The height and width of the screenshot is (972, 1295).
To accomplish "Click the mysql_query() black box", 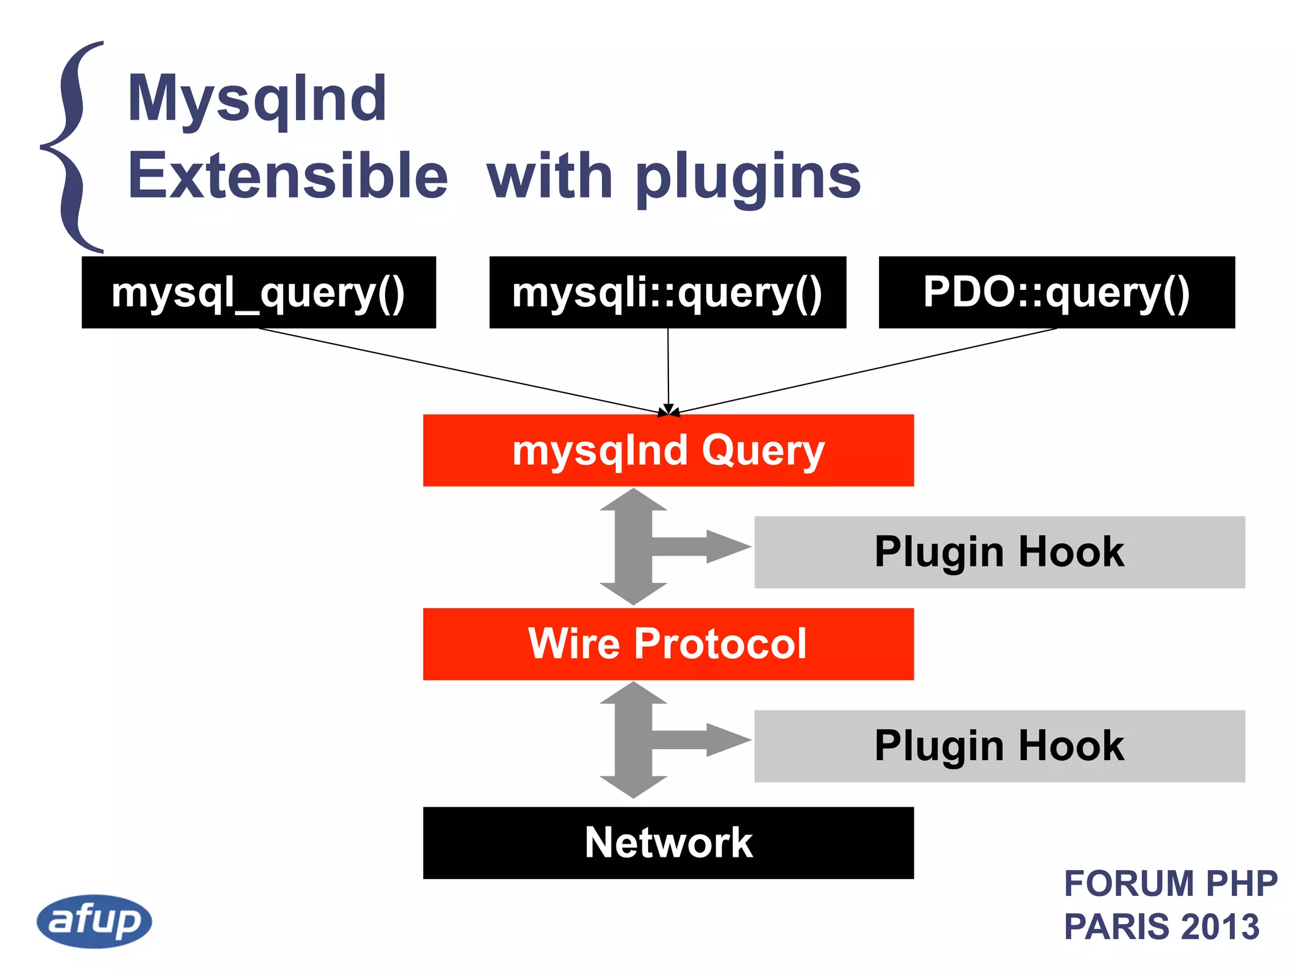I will coord(259,292).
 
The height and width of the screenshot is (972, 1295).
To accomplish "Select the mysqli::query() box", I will coord(667,292).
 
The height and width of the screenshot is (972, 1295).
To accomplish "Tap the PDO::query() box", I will coord(1056,292).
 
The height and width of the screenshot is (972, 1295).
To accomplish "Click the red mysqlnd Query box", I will coord(668,451).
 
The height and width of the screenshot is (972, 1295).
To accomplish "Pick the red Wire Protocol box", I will coord(668,644).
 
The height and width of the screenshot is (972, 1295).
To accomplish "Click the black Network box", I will coord(668,843).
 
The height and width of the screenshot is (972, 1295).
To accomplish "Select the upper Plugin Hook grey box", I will coord(999,552).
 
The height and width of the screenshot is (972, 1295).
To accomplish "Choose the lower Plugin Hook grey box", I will coord(999,745).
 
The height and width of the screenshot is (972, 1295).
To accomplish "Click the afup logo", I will coord(94,921).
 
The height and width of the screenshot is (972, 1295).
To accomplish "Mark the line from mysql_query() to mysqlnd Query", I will coord(455,370).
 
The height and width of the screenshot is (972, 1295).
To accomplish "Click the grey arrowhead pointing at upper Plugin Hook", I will coord(727,546).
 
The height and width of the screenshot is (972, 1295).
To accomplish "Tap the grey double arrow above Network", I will coord(633,740).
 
